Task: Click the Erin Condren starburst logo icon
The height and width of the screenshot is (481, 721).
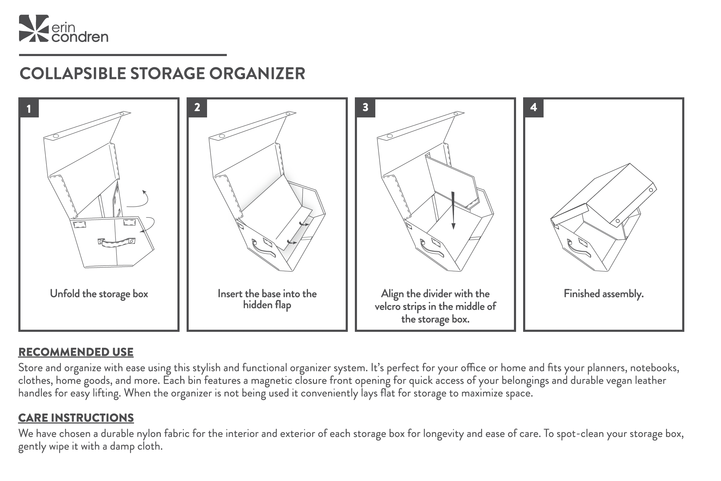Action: pyautogui.click(x=34, y=28)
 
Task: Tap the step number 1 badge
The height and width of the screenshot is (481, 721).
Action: pyautogui.click(x=29, y=108)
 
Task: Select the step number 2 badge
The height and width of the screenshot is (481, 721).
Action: pyautogui.click(x=197, y=108)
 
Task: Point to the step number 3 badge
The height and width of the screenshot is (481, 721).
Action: pyautogui.click(x=365, y=108)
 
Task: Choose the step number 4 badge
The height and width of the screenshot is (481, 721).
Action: pyautogui.click(x=533, y=108)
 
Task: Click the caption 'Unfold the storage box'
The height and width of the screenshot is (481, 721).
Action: pyautogui.click(x=99, y=294)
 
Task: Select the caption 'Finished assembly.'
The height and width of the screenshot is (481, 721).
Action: pyautogui.click(x=604, y=294)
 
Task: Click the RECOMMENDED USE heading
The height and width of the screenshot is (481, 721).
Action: pyautogui.click(x=76, y=352)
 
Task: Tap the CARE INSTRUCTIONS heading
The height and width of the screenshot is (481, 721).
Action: pyautogui.click(x=76, y=418)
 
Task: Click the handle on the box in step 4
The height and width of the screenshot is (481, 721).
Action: pyautogui.click(x=578, y=249)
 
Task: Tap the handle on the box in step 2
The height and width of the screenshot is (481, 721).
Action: pyautogui.click(x=263, y=249)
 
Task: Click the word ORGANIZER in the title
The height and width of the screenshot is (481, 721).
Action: pyautogui.click(x=257, y=74)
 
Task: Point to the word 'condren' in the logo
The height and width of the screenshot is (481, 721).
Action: pyautogui.click(x=80, y=37)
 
